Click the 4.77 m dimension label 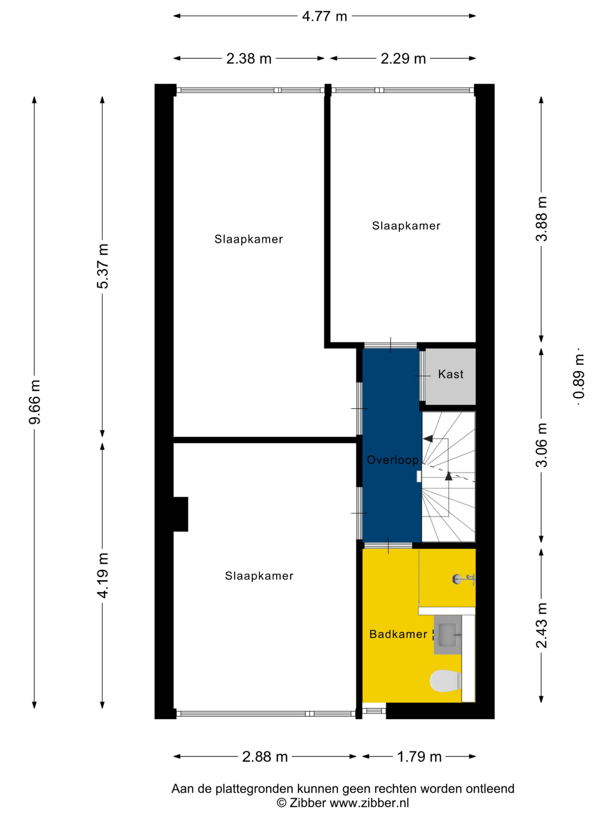pos(324,16)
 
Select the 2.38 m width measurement pos(249,59)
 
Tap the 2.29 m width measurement pos(403,59)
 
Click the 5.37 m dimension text pos(103,266)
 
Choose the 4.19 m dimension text pos(103,575)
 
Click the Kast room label pos(450,374)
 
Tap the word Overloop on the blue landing pos(392,460)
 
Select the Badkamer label pos(398,634)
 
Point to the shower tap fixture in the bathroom pos(464,579)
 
